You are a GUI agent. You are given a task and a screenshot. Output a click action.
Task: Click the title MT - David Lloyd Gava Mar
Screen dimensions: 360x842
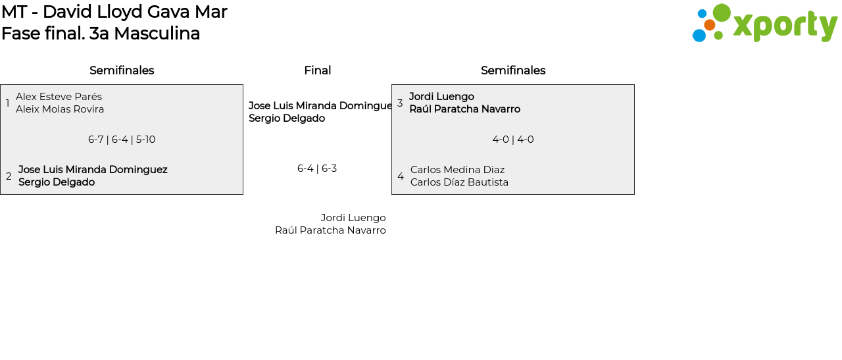click(114, 12)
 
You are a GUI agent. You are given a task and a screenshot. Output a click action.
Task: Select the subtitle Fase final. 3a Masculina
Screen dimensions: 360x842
click(101, 34)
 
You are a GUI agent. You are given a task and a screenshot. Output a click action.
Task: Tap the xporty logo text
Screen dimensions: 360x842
click(785, 26)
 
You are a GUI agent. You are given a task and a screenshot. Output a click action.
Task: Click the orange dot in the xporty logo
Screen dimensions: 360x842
click(709, 25)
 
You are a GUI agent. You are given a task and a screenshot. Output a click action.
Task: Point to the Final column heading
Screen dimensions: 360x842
click(317, 70)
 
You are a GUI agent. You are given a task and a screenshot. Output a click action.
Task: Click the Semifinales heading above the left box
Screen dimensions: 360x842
click(122, 70)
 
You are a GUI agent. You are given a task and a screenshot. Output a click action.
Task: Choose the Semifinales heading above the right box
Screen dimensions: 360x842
click(513, 70)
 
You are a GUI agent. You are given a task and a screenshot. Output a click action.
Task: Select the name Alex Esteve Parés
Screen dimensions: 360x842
click(59, 97)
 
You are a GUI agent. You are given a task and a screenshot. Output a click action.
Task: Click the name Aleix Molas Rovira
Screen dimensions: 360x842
click(60, 109)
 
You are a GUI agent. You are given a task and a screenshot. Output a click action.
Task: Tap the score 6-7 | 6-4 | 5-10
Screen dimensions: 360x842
click(122, 140)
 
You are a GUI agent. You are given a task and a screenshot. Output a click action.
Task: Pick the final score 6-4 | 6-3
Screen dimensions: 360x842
click(317, 168)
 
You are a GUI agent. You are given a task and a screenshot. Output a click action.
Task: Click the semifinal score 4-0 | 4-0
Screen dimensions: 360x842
click(513, 140)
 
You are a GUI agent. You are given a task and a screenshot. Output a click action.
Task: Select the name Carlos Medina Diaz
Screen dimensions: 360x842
click(457, 170)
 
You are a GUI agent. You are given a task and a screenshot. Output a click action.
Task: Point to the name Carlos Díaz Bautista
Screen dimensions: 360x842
click(459, 182)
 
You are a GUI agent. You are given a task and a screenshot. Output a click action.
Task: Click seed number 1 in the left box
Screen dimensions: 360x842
click(7, 103)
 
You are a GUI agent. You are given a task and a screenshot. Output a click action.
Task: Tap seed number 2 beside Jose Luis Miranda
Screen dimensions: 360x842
click(9, 176)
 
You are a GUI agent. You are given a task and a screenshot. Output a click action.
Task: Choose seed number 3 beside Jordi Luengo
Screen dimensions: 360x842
click(400, 103)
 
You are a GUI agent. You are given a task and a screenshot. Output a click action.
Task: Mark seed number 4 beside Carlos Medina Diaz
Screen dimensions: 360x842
click(401, 176)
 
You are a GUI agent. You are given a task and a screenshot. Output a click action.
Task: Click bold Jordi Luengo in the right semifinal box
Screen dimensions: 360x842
click(441, 97)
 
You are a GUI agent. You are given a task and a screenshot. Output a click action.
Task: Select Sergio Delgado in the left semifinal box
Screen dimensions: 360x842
click(57, 182)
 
